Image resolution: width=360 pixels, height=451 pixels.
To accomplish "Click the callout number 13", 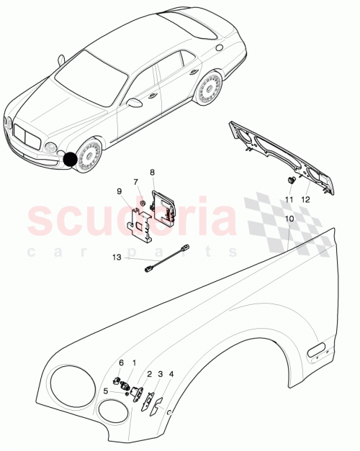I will pyautogui.click(x=116, y=257).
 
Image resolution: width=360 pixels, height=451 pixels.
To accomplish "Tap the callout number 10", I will pyautogui.click(x=289, y=217).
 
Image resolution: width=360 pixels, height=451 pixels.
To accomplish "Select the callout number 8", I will pyautogui.click(x=152, y=173).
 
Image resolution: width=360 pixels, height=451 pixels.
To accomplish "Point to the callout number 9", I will pyautogui.click(x=120, y=191).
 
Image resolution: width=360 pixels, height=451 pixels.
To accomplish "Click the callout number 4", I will pyautogui.click(x=171, y=374).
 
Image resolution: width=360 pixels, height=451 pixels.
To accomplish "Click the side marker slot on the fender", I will pyautogui.click(x=316, y=352).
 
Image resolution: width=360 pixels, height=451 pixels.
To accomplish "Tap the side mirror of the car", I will pyautogui.click(x=134, y=103).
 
